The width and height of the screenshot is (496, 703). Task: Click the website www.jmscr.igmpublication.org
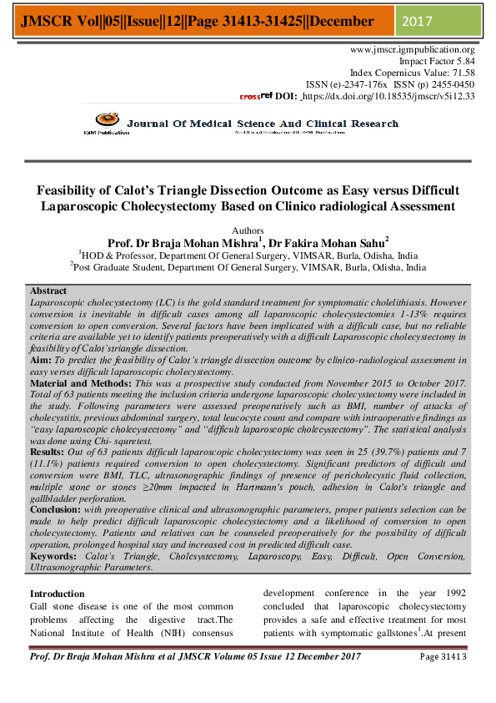coord(413,50)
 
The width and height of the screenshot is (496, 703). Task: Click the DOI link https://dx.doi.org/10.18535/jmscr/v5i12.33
coord(388,97)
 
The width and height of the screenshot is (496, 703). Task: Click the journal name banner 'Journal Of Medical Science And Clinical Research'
coord(263,124)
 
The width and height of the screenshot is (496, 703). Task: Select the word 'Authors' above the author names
coord(248,230)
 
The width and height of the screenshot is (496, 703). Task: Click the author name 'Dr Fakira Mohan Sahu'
coord(340,243)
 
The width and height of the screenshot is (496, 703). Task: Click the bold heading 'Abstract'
coord(48,291)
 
